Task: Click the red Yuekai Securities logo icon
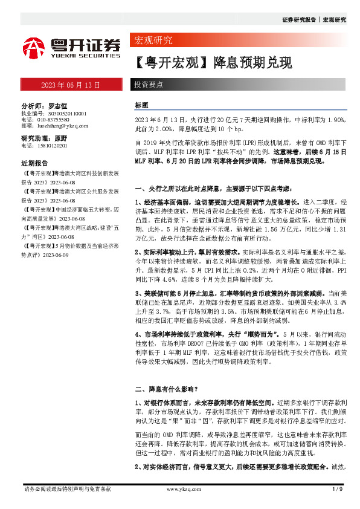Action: (x=33, y=47)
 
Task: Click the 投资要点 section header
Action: (x=148, y=85)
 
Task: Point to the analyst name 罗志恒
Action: (x=59, y=105)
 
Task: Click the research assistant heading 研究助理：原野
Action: (x=43, y=138)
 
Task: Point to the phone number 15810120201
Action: (x=52, y=146)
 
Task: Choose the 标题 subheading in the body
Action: (x=141, y=105)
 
